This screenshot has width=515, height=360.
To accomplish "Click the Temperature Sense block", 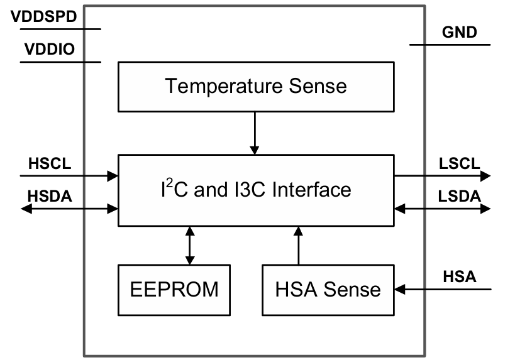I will pos(255,85).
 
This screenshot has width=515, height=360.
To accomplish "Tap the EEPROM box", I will pos(174,289).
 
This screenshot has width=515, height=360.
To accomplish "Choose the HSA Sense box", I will pos(328,289).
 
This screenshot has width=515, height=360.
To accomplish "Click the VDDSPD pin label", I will pos(44,17).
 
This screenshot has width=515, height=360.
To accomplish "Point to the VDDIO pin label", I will pos(50,49).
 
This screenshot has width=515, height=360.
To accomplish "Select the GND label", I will pos(459,32).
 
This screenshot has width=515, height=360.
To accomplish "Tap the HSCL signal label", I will pos(50,164).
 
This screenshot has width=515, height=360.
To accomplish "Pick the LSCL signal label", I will pos(459,164).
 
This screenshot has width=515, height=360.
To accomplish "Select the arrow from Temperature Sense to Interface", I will pos(254,133).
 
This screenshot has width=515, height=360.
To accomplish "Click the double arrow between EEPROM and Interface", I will pos(189,245).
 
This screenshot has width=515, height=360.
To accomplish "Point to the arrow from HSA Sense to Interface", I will pos(299,245).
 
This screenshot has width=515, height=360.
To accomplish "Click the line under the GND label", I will pos(449,45).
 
